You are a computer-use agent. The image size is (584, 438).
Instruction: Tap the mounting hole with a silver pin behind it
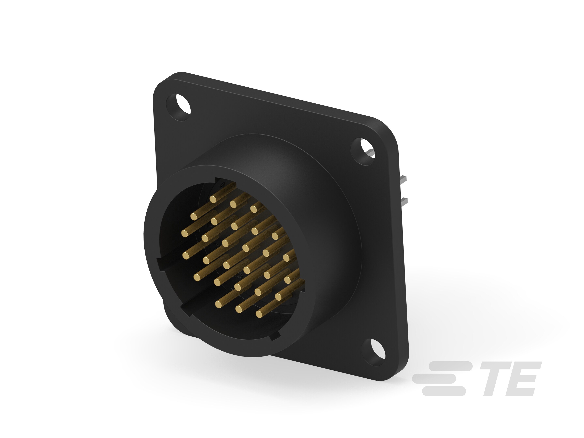click(x=364, y=151)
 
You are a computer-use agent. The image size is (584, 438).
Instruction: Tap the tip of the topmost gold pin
click(x=213, y=199)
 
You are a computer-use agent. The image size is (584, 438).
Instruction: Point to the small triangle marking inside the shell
click(x=223, y=185)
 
